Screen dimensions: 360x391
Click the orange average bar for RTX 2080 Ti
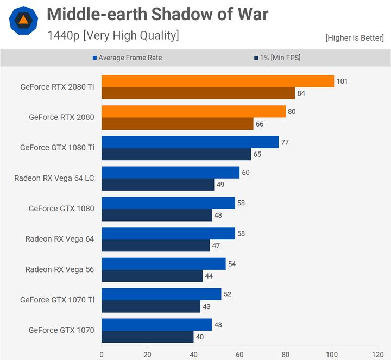click(x=217, y=81)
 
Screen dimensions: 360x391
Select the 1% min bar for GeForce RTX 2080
click(x=177, y=124)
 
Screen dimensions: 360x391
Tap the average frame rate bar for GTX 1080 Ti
click(x=190, y=142)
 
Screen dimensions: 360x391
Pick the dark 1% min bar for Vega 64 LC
click(x=157, y=185)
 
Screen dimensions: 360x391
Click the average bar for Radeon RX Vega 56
click(x=163, y=264)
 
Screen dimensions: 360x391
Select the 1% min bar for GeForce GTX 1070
click(x=147, y=337)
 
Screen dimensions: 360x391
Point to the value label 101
click(x=342, y=81)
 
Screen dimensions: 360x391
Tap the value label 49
click(x=221, y=185)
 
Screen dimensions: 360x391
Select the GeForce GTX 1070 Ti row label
click(x=57, y=300)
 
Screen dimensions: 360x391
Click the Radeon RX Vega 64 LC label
click(x=54, y=178)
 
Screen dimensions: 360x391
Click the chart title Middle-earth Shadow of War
click(x=157, y=14)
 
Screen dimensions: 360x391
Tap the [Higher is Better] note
click(x=355, y=38)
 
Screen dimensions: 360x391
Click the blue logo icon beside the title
click(x=23, y=21)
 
